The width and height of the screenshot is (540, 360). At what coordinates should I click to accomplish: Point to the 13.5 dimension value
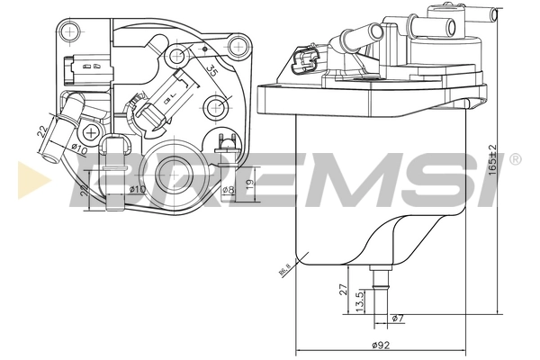pyautogui.click(x=359, y=299)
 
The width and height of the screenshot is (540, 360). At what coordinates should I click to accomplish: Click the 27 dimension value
pyautogui.click(x=343, y=289)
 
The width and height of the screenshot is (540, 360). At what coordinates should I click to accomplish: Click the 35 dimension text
pyautogui.click(x=211, y=69)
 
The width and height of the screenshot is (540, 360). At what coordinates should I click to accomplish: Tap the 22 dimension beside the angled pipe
pyautogui.click(x=40, y=132)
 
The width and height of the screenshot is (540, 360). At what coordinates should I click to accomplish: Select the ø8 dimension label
pyautogui.click(x=228, y=189)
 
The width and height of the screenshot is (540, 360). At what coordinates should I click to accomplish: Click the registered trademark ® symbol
pyautogui.click(x=515, y=159)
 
